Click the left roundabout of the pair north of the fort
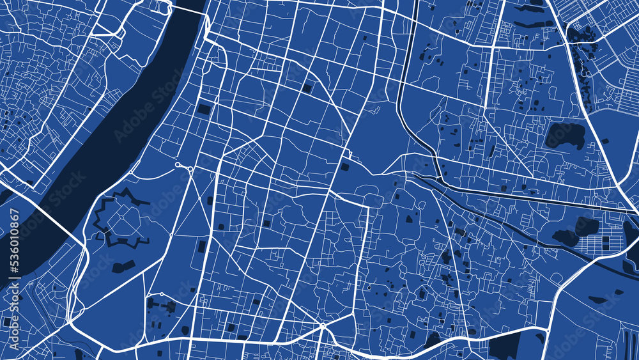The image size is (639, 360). [178, 166]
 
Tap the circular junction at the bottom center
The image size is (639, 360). [323, 327]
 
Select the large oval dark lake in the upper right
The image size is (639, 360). [565, 135]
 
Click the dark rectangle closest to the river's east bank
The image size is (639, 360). [204, 109]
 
